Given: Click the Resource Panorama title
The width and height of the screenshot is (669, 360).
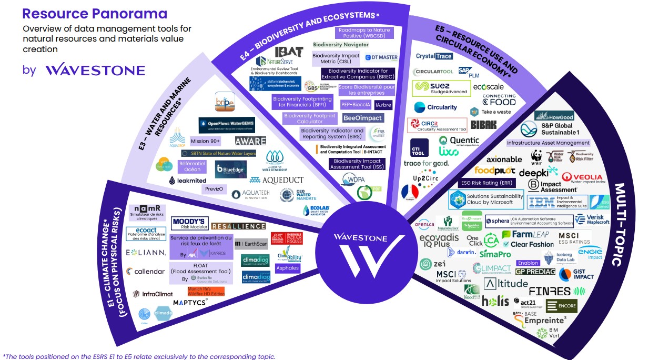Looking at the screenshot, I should (x=95, y=14).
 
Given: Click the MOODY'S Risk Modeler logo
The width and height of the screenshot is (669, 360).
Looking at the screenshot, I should (x=190, y=224).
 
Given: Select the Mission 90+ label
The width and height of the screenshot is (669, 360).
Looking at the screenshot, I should (x=205, y=141).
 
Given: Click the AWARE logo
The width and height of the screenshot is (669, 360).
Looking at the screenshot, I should (x=250, y=141).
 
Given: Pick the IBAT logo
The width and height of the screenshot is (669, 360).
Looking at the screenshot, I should (x=289, y=52).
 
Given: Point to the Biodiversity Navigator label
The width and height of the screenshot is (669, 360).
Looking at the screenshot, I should (x=341, y=45).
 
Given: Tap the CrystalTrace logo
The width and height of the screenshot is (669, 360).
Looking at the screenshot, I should (x=434, y=56).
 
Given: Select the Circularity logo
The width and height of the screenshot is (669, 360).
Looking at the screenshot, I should (x=436, y=107).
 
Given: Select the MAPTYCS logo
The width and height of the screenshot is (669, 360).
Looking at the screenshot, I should (x=190, y=302).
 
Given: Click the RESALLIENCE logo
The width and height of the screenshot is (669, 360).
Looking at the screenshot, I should (x=238, y=226).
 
